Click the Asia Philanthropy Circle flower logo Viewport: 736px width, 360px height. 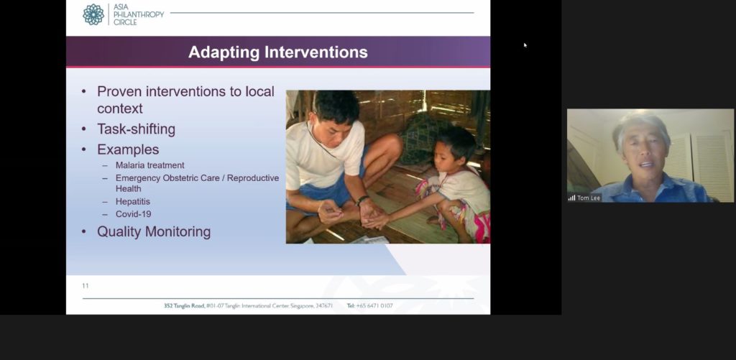[93, 14]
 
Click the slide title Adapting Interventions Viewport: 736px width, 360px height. [278, 52]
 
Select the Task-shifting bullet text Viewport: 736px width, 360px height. [136, 129]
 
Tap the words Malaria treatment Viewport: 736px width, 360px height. [149, 165]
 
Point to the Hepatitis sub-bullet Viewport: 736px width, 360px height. [133, 201]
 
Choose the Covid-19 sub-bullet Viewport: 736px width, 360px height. [133, 214]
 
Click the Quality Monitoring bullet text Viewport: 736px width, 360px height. [154, 231]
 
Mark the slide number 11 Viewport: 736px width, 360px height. [86, 286]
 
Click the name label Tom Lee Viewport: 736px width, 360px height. [589, 198]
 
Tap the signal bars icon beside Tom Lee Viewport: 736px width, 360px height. [571, 198]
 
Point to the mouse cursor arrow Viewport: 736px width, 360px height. [525, 45]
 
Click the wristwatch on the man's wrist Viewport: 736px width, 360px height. [362, 200]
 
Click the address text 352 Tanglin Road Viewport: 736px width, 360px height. [184, 305]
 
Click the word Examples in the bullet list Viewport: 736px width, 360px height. [128, 149]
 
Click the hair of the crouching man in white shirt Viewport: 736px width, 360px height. [336, 106]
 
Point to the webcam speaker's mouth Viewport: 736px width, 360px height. [647, 165]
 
